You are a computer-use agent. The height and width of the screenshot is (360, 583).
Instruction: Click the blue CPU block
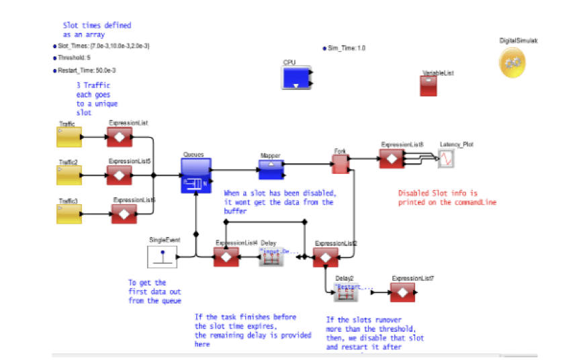[x=298, y=78]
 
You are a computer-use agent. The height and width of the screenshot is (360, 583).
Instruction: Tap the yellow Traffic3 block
[x=69, y=213]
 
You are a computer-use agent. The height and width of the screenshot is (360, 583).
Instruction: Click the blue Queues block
[x=195, y=176]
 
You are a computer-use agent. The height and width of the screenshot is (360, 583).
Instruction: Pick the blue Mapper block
[x=273, y=170]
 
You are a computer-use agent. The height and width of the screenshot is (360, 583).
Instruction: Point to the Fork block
[x=341, y=163]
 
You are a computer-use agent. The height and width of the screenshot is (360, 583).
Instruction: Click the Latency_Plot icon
[x=447, y=159]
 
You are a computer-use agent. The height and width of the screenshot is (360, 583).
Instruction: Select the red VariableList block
[x=429, y=85]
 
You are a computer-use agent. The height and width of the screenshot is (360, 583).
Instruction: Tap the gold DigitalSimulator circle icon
[x=514, y=62]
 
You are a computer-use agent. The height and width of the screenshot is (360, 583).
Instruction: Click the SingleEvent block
[x=162, y=257]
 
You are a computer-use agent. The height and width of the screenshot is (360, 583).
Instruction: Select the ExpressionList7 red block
[x=403, y=293]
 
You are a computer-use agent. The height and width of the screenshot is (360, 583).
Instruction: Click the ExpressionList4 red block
[x=226, y=256]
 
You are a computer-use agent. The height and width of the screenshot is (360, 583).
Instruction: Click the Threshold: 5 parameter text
[x=74, y=58]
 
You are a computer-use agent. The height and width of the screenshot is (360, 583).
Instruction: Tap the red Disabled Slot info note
[x=447, y=197]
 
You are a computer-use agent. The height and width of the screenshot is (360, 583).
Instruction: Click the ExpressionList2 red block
[x=326, y=256]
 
